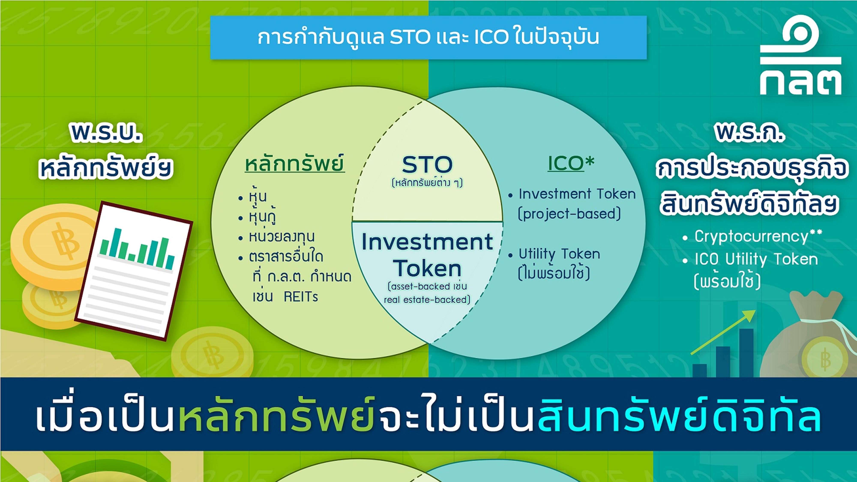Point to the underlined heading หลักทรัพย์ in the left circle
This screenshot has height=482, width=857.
click(295, 164)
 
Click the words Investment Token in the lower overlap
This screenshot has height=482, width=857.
click(427, 255)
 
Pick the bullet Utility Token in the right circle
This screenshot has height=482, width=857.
click(559, 254)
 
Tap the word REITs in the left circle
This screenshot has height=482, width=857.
click(301, 297)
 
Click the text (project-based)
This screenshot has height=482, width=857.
click(569, 214)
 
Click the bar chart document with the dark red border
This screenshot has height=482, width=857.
click(134, 271)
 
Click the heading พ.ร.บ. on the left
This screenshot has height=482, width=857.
click(106, 133)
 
